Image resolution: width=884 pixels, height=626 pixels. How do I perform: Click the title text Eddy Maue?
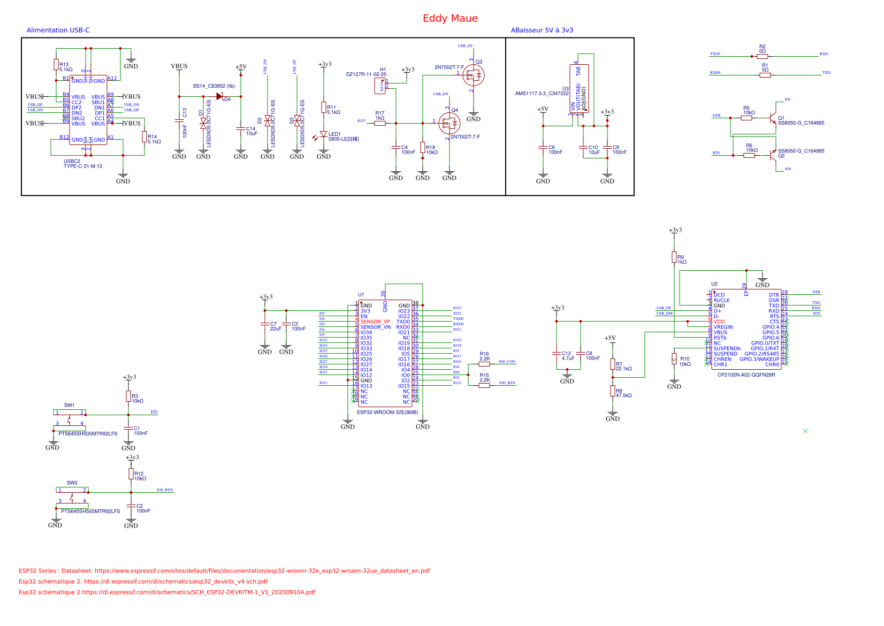click(x=450, y=18)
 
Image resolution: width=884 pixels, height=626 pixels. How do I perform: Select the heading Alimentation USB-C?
click(x=58, y=30)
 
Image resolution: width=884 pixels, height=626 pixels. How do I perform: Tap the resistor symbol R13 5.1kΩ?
click(x=56, y=65)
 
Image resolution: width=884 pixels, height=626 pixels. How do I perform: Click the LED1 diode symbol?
click(x=323, y=134)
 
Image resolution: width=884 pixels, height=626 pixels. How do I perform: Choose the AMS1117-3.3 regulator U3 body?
click(x=579, y=89)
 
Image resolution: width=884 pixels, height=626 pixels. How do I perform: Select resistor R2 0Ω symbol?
click(x=763, y=56)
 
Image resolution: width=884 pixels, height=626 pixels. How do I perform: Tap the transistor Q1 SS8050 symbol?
click(x=772, y=117)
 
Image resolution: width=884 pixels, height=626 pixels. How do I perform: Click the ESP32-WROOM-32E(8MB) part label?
click(x=387, y=413)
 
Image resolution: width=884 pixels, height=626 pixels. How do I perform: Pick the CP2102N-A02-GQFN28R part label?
click(x=746, y=375)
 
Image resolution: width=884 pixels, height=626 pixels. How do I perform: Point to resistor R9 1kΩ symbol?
click(x=674, y=257)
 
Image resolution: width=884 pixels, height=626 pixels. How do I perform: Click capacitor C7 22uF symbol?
click(x=264, y=324)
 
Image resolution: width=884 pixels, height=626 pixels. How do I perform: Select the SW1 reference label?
click(x=70, y=406)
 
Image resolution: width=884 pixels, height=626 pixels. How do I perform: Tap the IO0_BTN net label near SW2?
click(x=165, y=490)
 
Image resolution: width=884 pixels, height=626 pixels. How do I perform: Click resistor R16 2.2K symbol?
click(x=484, y=364)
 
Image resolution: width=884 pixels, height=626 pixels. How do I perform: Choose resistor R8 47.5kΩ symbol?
click(x=613, y=391)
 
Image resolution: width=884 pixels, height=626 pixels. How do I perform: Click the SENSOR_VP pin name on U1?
click(x=375, y=322)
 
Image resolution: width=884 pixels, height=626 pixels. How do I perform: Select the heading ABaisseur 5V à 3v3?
click(x=542, y=30)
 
